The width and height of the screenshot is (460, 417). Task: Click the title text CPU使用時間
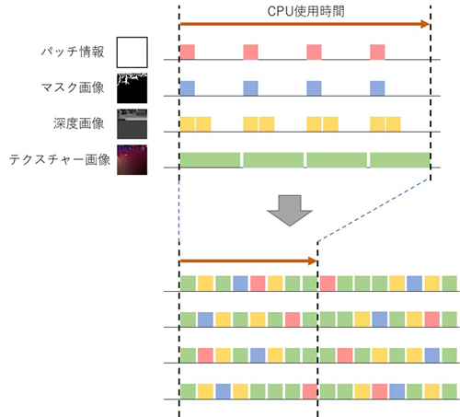pos(305,12)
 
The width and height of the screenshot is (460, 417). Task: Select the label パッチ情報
pos(73,52)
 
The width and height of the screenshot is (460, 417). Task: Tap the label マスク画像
pos(73,87)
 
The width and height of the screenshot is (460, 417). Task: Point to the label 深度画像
pos(79,123)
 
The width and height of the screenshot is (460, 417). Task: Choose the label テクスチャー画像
pos(60,159)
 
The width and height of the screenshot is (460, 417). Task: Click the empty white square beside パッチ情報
pos(132,52)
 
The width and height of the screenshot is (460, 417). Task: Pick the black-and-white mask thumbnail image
pos(132,88)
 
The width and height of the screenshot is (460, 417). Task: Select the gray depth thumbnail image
pos(132,124)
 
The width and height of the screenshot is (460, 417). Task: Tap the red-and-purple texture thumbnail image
pos(132,160)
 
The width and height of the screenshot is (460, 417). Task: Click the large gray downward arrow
pos(290,211)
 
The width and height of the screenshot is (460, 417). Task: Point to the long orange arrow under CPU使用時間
pos(305,24)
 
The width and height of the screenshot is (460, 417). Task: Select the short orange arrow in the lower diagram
pos(248,261)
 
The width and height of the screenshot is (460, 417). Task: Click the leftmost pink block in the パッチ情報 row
pos(187,52)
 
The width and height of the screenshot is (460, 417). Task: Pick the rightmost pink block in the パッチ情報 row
pos(377,52)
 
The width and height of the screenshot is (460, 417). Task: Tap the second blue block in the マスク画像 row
pos(250,88)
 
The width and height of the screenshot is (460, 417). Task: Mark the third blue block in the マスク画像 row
pos(314,88)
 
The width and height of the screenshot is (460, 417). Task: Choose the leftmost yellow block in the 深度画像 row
pos(187,124)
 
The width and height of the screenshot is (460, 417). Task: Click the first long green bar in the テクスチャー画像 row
pos(210,160)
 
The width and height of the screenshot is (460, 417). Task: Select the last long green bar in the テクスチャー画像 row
pos(400,160)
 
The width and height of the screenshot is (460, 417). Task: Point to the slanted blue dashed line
pos(374,210)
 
